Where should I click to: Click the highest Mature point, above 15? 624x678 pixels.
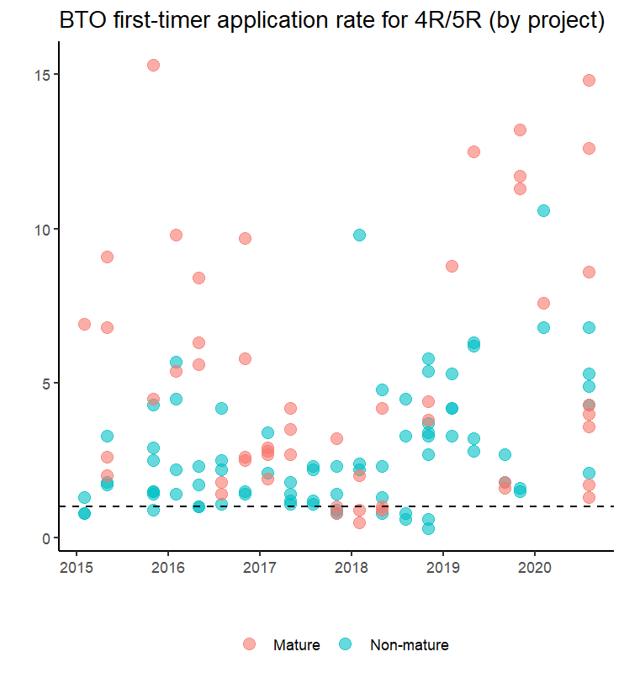tap(153, 65)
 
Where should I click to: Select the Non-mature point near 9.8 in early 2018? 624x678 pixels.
tap(359, 235)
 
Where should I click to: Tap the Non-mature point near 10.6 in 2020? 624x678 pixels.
tap(543, 210)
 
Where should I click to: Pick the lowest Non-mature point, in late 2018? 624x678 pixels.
tap(428, 528)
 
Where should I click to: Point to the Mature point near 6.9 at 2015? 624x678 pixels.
tap(84, 324)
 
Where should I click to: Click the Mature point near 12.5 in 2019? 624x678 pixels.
tap(473, 151)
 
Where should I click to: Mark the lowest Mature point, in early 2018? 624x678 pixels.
tap(359, 522)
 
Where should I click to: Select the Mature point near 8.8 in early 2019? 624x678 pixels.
tap(452, 266)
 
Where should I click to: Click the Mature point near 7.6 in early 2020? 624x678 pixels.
tap(543, 303)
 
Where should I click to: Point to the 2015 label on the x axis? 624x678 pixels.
tap(76, 569)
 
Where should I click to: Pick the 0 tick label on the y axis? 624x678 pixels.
tap(46, 538)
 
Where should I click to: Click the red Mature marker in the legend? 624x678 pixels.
tap(249, 644)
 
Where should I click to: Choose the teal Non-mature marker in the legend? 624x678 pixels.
tap(346, 644)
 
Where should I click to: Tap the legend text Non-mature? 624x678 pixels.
tap(409, 645)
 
